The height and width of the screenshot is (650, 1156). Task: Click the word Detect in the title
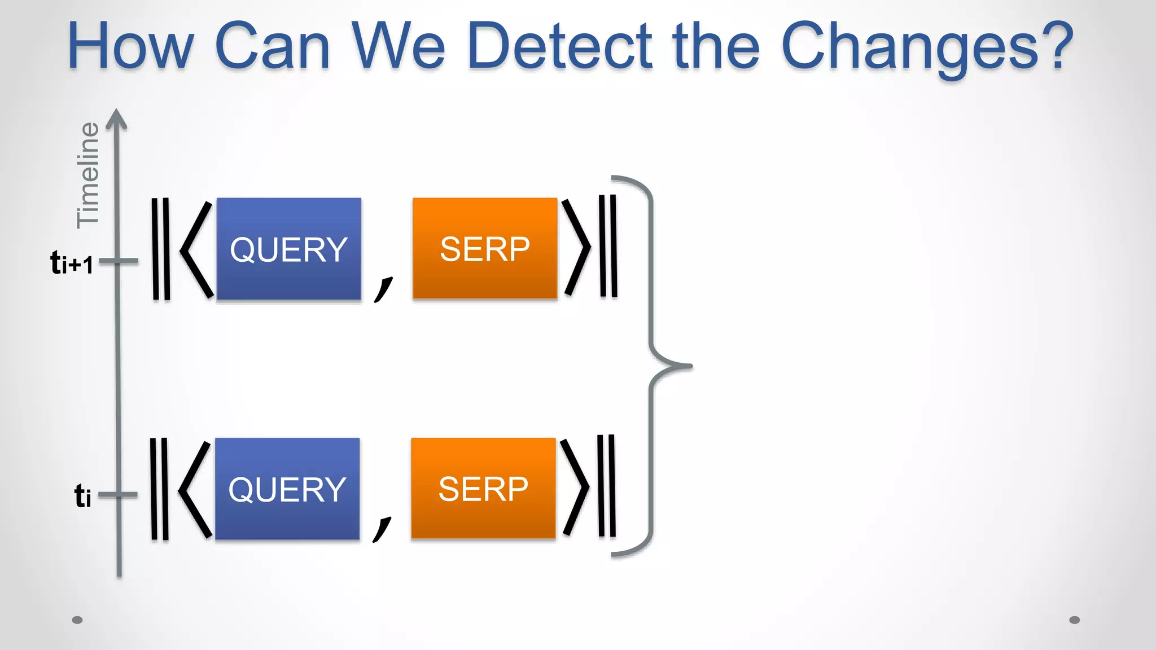(x=559, y=46)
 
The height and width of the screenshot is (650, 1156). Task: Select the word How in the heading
(x=130, y=46)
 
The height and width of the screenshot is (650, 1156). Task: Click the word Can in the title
(x=272, y=46)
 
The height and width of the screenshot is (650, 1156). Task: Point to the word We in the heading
(x=399, y=46)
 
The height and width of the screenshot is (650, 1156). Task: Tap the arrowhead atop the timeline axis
(x=117, y=118)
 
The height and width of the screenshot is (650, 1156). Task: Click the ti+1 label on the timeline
(x=72, y=263)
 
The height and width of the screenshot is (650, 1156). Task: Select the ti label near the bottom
(x=83, y=496)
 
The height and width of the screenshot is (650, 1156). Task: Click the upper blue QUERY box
(x=288, y=249)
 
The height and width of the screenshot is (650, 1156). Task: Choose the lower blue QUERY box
(x=287, y=489)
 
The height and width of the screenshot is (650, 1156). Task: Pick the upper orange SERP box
(x=484, y=248)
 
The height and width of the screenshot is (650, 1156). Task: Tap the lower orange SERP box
(x=483, y=489)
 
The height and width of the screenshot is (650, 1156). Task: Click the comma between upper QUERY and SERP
(x=383, y=289)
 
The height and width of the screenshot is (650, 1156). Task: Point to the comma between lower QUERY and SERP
(x=382, y=529)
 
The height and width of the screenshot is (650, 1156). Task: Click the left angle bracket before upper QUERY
(x=196, y=248)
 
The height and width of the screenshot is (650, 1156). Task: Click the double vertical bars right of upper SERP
(x=608, y=246)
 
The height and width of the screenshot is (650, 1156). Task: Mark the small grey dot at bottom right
(x=1075, y=620)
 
